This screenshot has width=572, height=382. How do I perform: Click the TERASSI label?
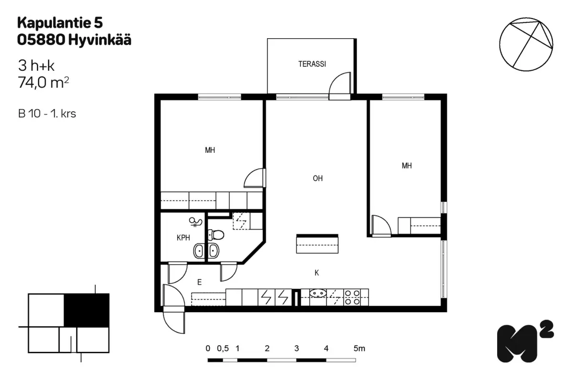(312, 64)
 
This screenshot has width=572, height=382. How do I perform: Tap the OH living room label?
(317, 178)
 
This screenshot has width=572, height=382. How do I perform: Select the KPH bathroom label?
(184, 238)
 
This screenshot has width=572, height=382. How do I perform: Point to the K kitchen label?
(317, 273)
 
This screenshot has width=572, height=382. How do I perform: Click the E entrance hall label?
(199, 282)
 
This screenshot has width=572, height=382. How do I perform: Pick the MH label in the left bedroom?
(210, 150)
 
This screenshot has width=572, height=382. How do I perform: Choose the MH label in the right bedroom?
(407, 166)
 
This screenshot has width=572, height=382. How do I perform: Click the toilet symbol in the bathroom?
(216, 235)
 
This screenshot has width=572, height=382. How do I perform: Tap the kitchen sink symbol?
(318, 293)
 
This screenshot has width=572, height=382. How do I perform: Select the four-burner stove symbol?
(352, 297)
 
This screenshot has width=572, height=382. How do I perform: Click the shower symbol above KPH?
(195, 222)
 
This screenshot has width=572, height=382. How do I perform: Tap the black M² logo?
(525, 341)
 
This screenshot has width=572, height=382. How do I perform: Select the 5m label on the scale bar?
(359, 349)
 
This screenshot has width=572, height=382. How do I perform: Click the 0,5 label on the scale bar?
(223, 349)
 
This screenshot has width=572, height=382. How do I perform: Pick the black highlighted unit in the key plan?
(87, 310)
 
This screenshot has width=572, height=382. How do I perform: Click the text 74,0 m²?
(43, 83)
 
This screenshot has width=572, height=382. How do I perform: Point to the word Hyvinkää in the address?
(100, 41)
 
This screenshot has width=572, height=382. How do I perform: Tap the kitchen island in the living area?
(317, 244)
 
